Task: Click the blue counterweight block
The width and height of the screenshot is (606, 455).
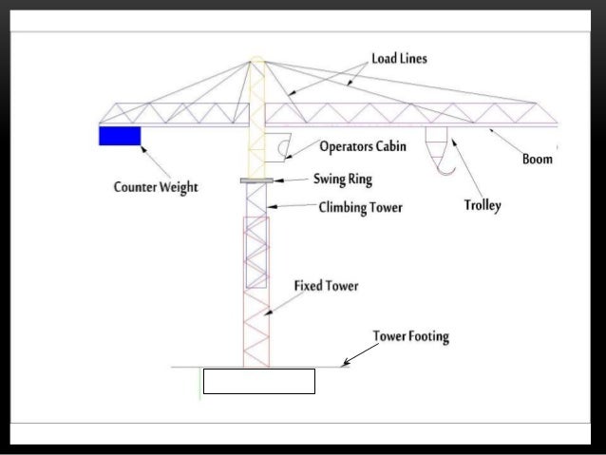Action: (x=120, y=136)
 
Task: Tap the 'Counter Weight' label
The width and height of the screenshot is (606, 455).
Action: (x=156, y=187)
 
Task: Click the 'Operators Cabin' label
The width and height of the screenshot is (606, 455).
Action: (x=364, y=147)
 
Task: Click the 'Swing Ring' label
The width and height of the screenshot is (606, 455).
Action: (x=343, y=179)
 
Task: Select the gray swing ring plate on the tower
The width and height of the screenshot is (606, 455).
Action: (x=256, y=180)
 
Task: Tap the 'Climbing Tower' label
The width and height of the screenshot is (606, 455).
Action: (x=360, y=207)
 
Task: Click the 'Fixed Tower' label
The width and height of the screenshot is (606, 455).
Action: (x=326, y=284)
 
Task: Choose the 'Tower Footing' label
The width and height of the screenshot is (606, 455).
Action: (x=410, y=336)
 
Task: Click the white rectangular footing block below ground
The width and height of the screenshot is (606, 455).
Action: (x=258, y=382)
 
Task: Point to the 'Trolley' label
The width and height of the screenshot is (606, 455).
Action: (x=483, y=205)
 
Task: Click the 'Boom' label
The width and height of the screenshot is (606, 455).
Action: (x=538, y=160)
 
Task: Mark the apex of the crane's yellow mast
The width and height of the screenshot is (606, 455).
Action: (x=255, y=59)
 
